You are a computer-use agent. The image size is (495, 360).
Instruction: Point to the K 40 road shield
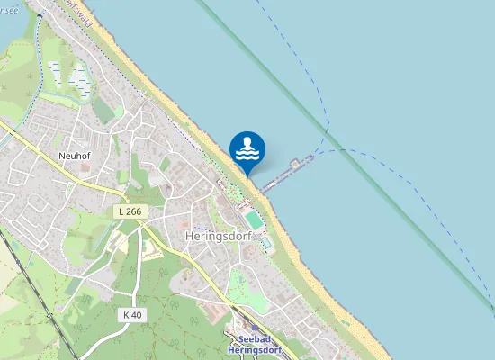[x=132, y=314]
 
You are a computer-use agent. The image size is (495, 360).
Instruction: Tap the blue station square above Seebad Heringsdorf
[x=243, y=328]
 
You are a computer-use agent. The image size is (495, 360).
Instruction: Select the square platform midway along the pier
[x=297, y=165]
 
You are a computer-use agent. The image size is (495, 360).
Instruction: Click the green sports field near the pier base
[x=254, y=220]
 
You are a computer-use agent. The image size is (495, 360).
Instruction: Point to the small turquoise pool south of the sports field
[x=265, y=242]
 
